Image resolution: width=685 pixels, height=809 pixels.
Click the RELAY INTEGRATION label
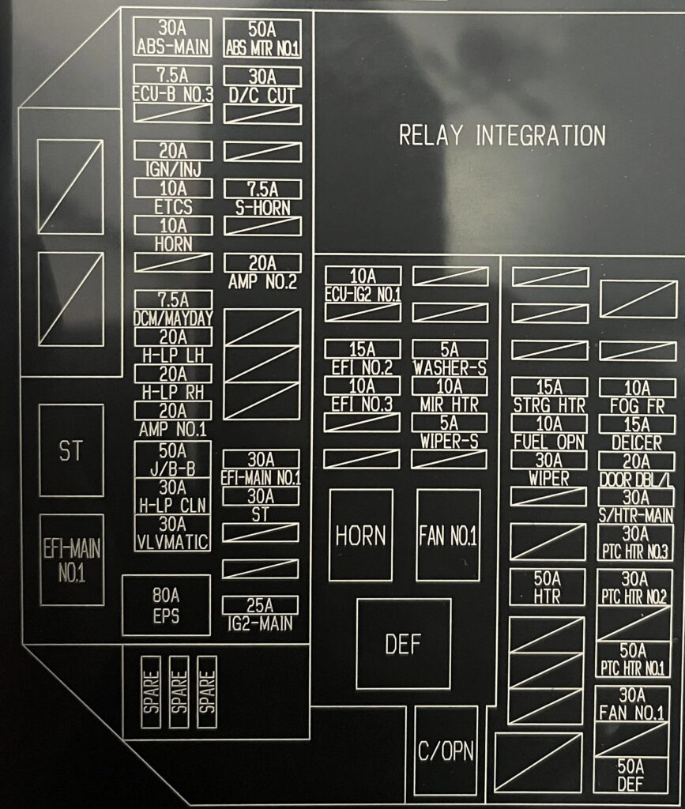(502, 135)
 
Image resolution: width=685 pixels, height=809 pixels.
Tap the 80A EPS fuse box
(166, 604)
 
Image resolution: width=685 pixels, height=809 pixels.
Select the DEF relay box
(403, 644)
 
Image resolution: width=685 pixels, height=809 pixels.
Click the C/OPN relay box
(446, 750)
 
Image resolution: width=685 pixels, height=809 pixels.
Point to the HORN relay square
(361, 535)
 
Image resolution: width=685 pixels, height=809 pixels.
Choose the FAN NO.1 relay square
(448, 535)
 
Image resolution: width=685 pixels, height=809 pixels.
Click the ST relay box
(71, 450)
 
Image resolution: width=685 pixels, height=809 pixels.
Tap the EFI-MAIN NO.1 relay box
(71, 559)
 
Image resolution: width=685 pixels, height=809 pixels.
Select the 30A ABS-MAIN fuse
(172, 36)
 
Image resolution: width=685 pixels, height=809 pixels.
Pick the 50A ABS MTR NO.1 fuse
(262, 37)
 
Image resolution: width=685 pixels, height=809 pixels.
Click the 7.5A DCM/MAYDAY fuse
(173, 308)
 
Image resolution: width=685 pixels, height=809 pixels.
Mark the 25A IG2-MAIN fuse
(261, 614)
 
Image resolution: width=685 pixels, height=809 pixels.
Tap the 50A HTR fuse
(547, 586)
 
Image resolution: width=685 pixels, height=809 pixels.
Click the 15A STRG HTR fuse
(549, 395)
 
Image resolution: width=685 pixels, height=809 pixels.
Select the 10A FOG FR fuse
(636, 395)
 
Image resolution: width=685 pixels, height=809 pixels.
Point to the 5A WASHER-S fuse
(450, 357)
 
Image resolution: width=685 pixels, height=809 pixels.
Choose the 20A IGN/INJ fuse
(173, 159)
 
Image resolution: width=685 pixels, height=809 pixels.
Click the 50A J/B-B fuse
(172, 459)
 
